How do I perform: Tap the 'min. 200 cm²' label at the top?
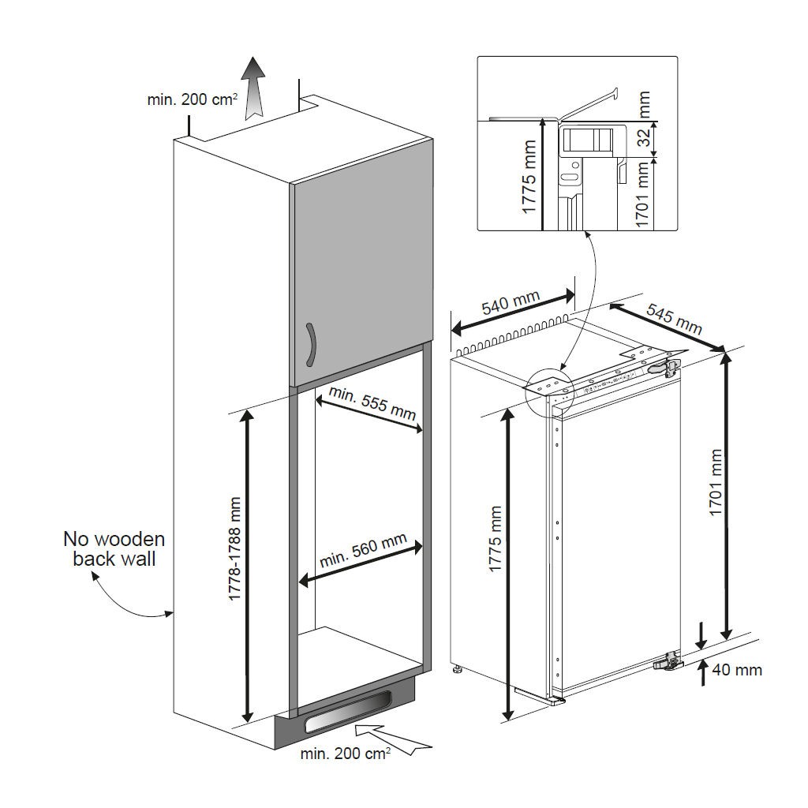pos(182,100)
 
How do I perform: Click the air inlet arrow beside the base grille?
pos(395,740)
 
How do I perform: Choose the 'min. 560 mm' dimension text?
pos(363,551)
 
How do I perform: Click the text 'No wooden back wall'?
pos(114,549)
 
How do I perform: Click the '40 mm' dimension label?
pos(736,670)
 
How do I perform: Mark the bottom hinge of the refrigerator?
pos(668,663)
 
